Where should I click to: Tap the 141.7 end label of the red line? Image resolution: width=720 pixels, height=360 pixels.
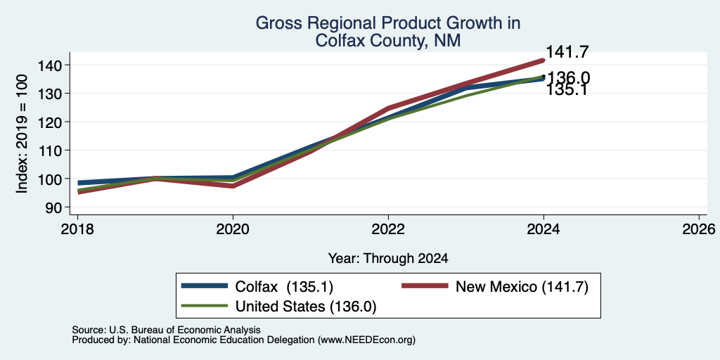[x=567, y=52]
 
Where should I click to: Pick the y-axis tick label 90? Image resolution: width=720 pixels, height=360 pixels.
[x=53, y=207]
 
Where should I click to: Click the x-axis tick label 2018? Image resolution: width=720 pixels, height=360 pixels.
[x=77, y=229]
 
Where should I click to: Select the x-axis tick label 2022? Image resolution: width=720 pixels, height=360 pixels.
[x=388, y=229]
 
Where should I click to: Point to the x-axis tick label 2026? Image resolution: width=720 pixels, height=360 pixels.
[x=699, y=229]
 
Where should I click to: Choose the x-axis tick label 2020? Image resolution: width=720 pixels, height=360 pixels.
[x=233, y=229]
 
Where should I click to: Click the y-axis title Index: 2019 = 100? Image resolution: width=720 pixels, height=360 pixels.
[x=22, y=134]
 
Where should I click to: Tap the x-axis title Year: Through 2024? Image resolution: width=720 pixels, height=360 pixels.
[x=388, y=259]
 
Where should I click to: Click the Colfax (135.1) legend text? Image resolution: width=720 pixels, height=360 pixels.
[x=284, y=287]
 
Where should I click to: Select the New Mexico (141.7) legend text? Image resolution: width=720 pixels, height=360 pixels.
[x=522, y=287]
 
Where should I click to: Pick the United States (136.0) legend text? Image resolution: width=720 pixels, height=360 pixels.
[x=306, y=307]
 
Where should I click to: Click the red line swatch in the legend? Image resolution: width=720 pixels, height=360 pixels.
[x=425, y=286]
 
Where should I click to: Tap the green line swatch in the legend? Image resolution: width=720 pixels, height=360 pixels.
[x=205, y=306]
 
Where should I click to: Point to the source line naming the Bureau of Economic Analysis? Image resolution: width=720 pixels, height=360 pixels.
[x=166, y=330]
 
